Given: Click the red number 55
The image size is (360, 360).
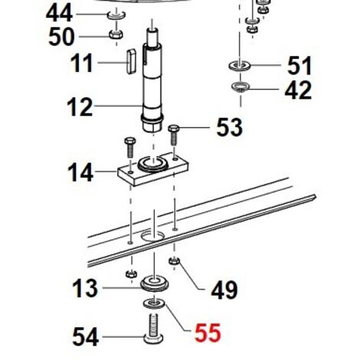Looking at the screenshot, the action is click(208, 332).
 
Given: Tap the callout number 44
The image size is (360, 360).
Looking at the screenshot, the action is click(59, 13).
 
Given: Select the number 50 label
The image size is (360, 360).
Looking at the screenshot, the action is click(61, 37).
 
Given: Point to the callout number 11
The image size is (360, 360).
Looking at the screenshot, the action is click(81, 63).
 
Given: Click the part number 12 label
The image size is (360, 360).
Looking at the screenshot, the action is click(80, 107).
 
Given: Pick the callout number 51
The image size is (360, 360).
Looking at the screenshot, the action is click(299, 66).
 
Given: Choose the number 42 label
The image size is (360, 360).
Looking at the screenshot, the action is click(298, 90).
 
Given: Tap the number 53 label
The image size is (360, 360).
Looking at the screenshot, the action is click(229, 127).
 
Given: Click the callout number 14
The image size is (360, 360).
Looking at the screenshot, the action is click(80, 172).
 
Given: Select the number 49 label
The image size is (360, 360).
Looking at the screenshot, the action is click(224, 290).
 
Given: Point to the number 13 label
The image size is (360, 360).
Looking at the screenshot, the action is click(85, 288).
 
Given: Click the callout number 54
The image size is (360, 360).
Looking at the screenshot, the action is click(85, 337).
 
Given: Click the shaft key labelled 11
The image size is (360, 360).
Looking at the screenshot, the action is click(131, 62).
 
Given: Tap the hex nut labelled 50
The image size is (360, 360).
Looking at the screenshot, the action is click(116, 34).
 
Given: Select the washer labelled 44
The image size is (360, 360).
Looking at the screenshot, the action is click(116, 15).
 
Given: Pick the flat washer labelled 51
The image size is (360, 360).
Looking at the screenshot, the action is click(240, 66).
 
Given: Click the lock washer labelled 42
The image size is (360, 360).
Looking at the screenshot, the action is click(240, 87).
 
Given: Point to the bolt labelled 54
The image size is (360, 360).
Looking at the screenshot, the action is click(153, 329).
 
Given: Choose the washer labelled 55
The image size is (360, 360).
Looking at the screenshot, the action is click(154, 303).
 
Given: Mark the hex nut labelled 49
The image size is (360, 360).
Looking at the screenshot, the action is click(175, 261).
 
